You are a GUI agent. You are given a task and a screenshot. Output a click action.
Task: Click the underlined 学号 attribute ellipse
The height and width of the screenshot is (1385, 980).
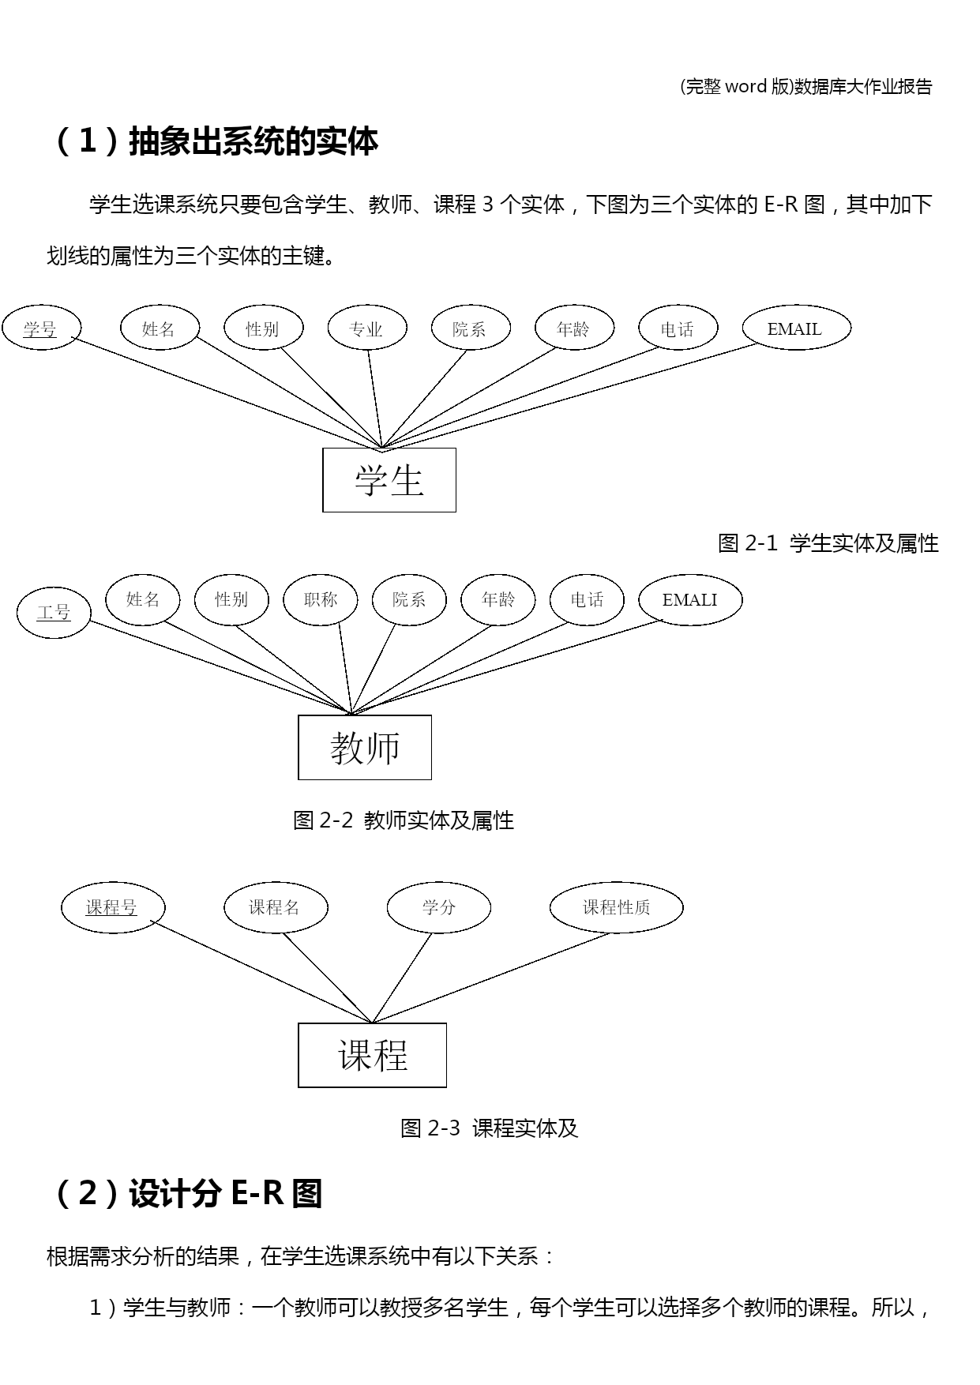tap(40, 328)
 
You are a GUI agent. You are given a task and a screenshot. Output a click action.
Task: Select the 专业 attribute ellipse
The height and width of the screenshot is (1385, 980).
tap(366, 328)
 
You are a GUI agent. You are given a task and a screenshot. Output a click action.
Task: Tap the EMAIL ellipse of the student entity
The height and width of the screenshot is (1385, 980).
tap(796, 328)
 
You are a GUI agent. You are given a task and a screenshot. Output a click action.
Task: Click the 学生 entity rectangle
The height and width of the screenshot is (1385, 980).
tap(389, 480)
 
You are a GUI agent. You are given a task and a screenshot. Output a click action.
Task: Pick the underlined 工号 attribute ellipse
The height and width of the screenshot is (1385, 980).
tap(54, 612)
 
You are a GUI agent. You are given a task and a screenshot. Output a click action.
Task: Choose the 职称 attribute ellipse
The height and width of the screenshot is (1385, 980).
tap(321, 600)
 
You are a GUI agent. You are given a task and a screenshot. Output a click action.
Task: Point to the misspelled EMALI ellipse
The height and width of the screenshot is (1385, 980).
tap(689, 600)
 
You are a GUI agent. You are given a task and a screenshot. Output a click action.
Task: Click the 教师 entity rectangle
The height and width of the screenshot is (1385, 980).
tap(365, 747)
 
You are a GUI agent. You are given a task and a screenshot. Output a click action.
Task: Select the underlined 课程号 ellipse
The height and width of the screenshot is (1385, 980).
tap(112, 907)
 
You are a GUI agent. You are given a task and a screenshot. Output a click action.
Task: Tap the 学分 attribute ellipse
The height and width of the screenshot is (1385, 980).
tap(438, 907)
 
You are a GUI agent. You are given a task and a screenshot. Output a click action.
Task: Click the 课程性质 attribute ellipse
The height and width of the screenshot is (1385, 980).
tap(616, 907)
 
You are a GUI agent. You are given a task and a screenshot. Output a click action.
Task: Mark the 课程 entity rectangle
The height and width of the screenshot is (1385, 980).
tap(372, 1055)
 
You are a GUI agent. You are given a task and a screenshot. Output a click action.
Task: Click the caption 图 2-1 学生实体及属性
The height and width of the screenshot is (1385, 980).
tap(828, 543)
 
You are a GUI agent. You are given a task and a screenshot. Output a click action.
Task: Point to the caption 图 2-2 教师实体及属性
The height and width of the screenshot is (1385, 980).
tap(404, 820)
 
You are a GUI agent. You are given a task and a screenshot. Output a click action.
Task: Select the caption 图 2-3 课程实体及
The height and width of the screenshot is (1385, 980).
tap(490, 1128)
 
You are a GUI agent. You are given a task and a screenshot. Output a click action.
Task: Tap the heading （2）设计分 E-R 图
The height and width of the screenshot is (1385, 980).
tap(186, 1193)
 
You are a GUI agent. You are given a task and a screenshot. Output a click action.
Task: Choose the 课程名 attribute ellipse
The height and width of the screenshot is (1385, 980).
tap(275, 907)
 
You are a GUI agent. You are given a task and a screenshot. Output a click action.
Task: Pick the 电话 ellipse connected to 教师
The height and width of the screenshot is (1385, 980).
tap(587, 600)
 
